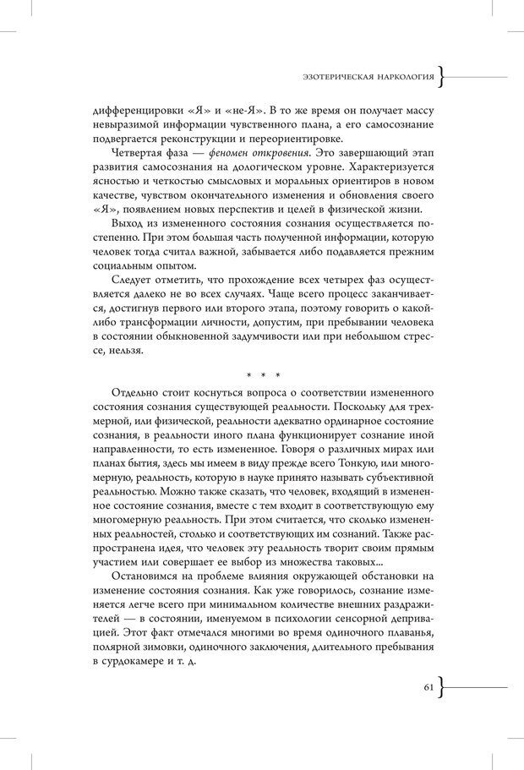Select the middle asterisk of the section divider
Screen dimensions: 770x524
pyautogui.click(x=263, y=373)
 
